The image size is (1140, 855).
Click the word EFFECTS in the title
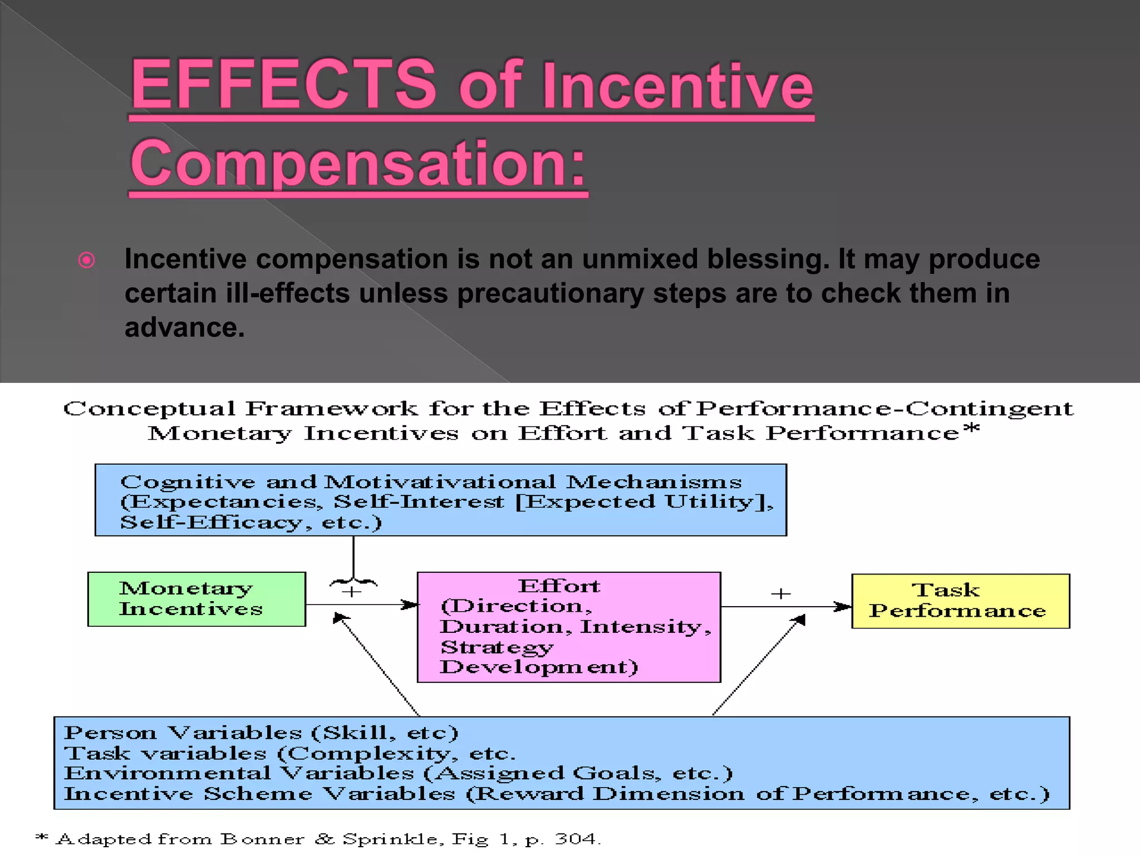click(x=283, y=85)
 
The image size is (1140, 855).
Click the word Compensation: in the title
click(x=358, y=164)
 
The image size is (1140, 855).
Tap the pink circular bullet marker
click(x=87, y=260)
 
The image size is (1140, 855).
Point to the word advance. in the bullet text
click(x=184, y=327)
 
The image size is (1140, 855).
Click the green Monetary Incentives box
click(x=196, y=599)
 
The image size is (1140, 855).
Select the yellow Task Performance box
click(x=960, y=601)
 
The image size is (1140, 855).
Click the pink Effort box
click(x=569, y=627)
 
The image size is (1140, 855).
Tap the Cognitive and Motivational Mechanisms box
click(x=440, y=500)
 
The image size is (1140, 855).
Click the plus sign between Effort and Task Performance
click(x=780, y=594)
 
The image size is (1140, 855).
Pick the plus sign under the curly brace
click(x=351, y=592)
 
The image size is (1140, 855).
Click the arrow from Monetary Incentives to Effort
click(x=362, y=605)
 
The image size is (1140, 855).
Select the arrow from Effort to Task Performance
click(x=785, y=607)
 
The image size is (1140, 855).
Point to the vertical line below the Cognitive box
click(x=353, y=557)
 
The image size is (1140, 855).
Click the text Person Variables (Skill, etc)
click(x=261, y=733)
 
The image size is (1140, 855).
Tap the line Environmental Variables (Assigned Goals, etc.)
click(x=398, y=773)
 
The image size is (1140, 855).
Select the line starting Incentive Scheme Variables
click(x=557, y=794)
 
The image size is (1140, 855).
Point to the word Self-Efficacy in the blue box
click(x=212, y=523)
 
